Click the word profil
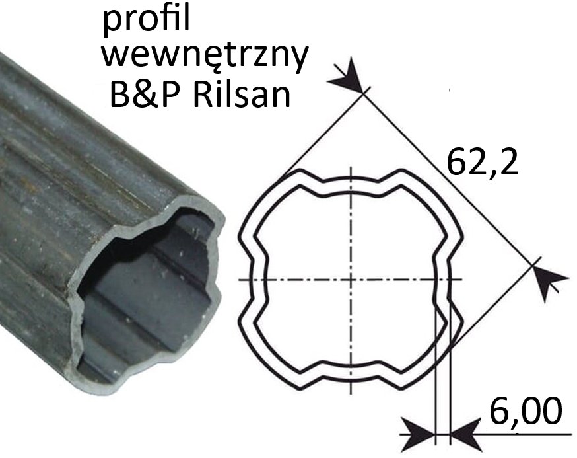pos(147,21)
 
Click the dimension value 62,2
pos(482,162)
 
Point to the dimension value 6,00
pos(526,410)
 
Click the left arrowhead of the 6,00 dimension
pos(418,434)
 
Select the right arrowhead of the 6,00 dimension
pos(467,434)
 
